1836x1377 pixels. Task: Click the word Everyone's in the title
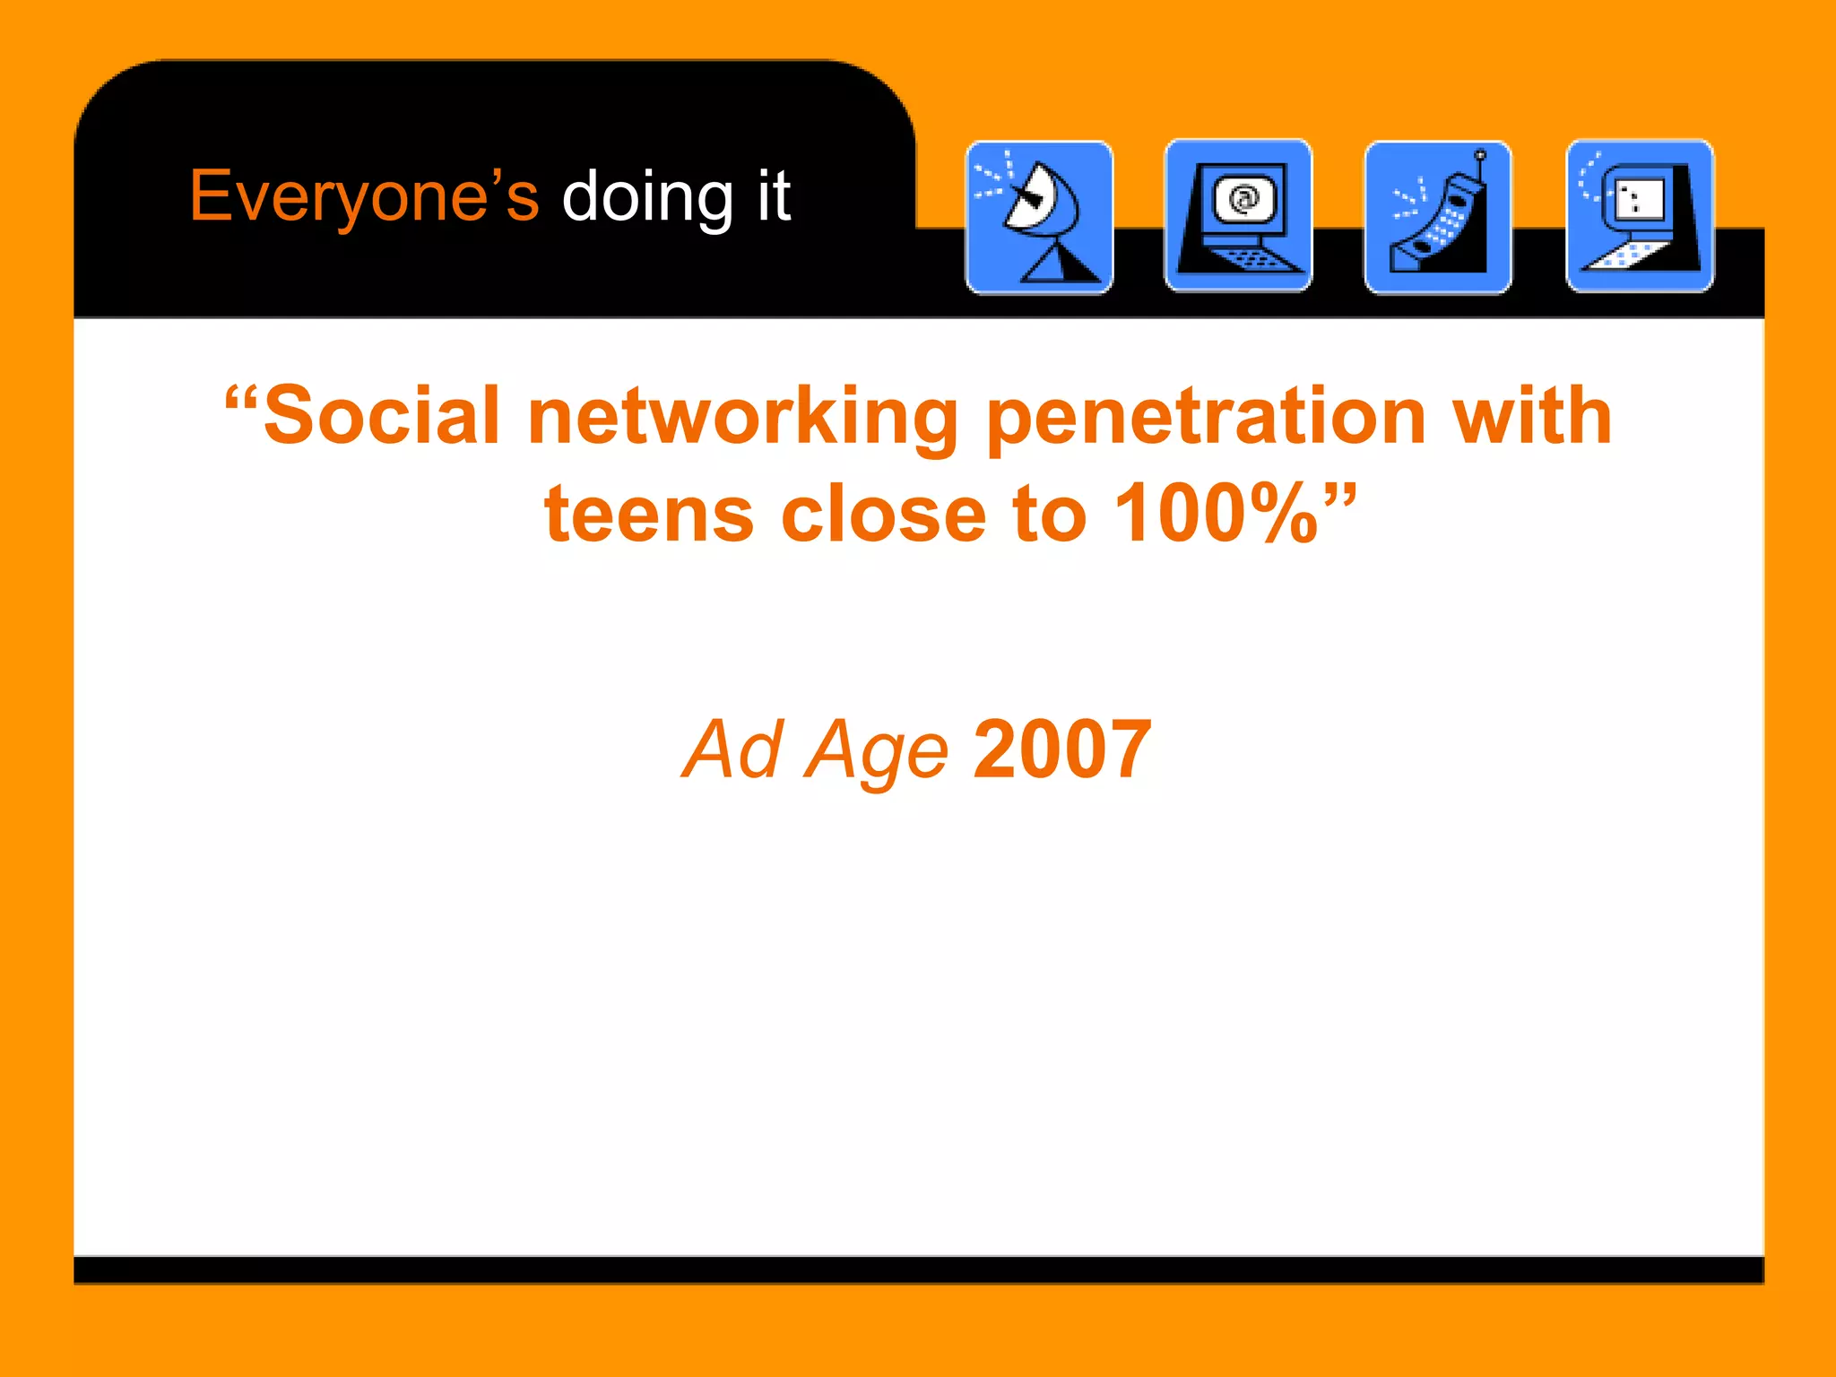[x=364, y=196]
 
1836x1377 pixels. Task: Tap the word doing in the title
[x=647, y=196]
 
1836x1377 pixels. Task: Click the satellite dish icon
[x=1039, y=217]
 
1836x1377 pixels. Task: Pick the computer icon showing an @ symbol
[x=1238, y=216]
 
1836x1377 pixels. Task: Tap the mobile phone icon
[x=1438, y=217]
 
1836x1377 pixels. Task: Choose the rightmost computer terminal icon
[x=1640, y=216]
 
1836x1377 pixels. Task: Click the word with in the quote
[x=1532, y=416]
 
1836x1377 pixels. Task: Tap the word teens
[x=650, y=515]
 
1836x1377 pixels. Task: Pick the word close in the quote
[x=884, y=515]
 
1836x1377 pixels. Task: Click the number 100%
[x=1216, y=515]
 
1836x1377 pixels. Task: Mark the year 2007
[x=1062, y=749]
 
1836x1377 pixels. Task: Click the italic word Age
[x=877, y=751]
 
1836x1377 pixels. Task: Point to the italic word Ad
[x=733, y=749]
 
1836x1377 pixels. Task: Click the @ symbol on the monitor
[x=1243, y=198]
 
